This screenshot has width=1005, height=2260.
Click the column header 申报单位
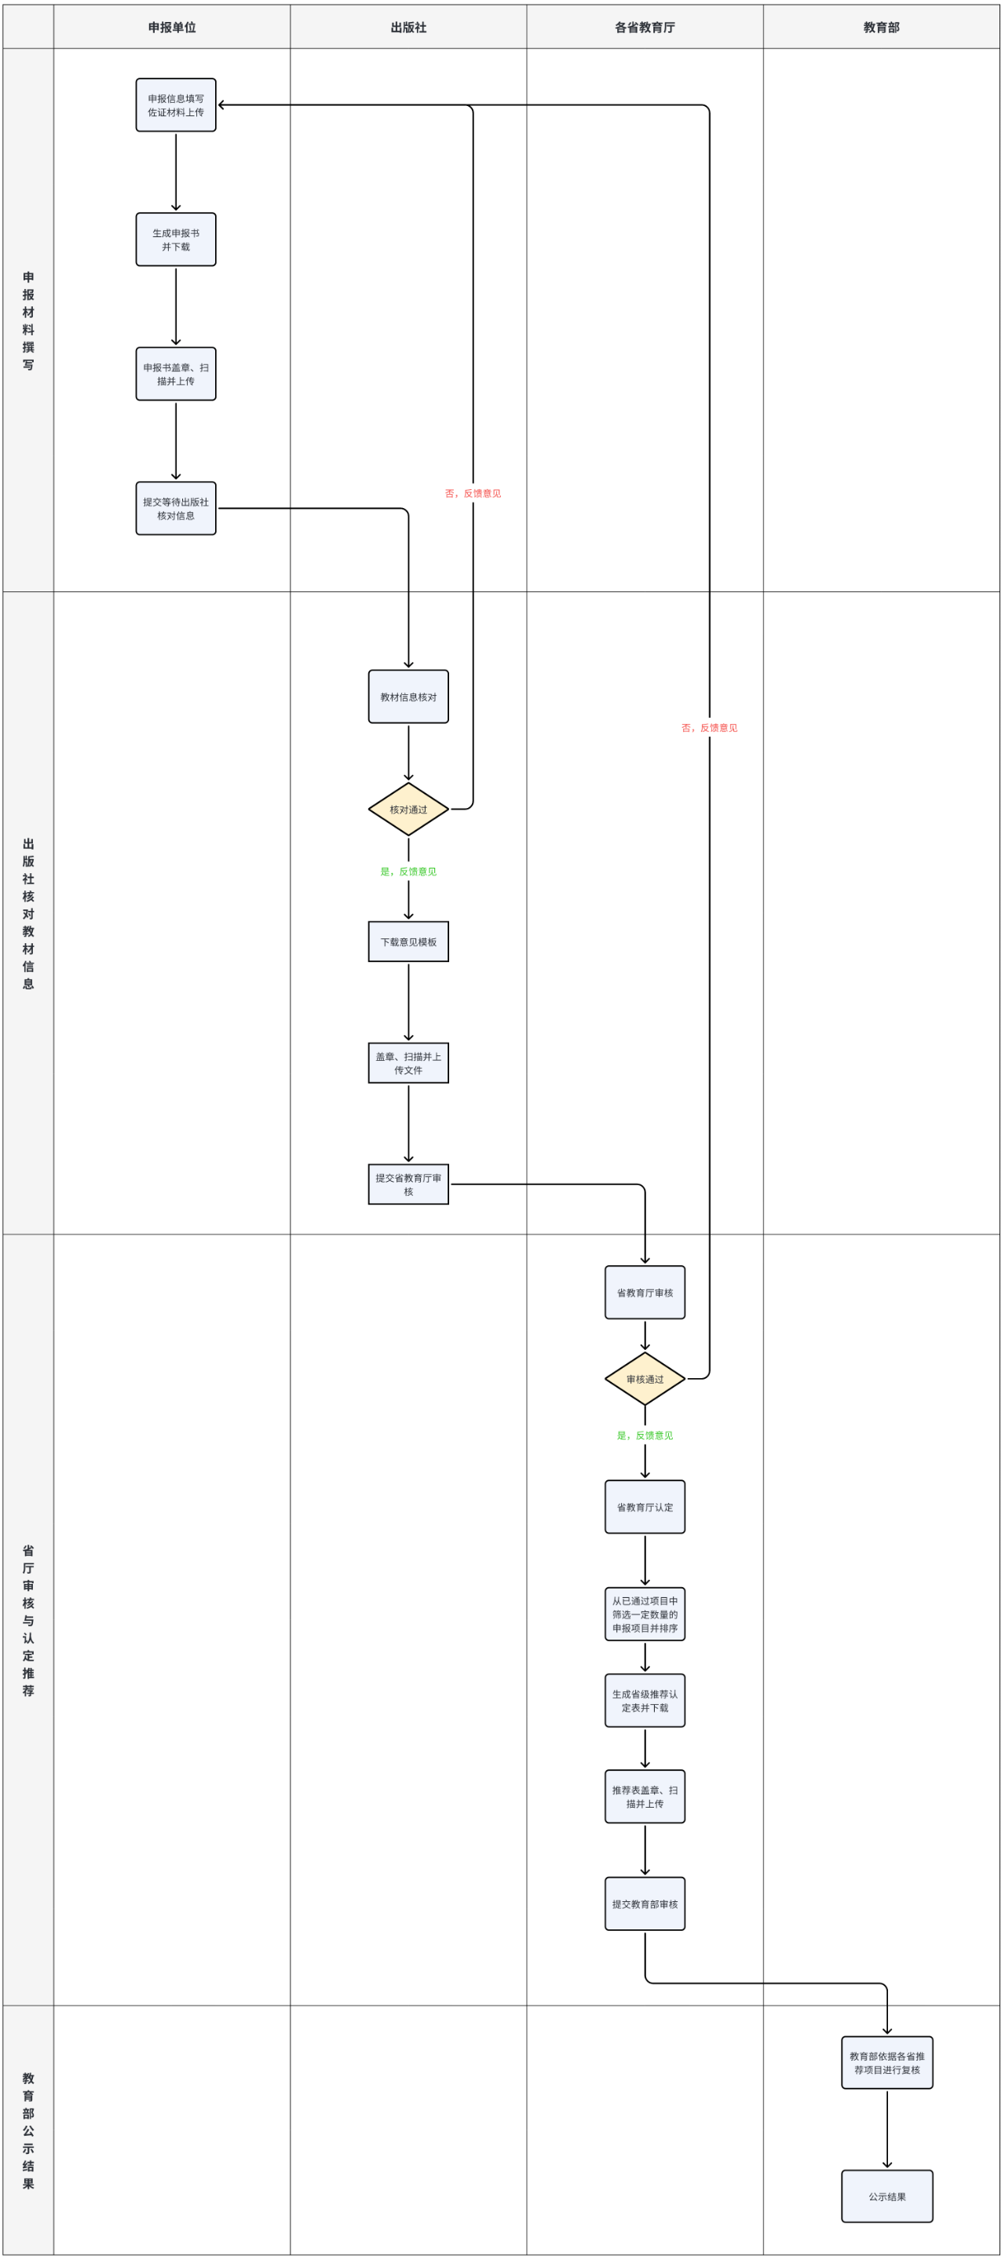tap(172, 27)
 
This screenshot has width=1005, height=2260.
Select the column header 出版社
tap(408, 27)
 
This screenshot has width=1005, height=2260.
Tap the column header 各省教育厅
tap(645, 27)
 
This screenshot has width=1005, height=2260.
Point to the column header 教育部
tap(882, 27)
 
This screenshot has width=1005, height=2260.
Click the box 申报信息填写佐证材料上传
tap(175, 105)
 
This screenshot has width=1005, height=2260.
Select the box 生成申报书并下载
tap(175, 240)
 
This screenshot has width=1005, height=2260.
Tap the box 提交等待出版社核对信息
tap(175, 509)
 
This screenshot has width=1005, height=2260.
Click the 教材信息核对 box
tap(408, 697)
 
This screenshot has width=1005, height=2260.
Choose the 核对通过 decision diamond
tap(408, 809)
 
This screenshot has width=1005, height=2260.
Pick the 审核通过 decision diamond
tap(645, 1379)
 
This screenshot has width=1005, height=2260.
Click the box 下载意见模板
tap(408, 942)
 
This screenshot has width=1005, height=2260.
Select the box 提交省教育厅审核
tap(408, 1184)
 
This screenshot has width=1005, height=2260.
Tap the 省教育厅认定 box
tap(645, 1507)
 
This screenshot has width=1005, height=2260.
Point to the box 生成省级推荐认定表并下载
tap(645, 1700)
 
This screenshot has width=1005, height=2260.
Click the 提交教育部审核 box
tap(645, 1903)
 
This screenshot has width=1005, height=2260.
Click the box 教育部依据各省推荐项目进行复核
tap(886, 2063)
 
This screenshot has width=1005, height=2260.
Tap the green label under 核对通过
tap(408, 871)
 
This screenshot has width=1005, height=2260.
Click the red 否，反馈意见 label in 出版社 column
tap(473, 493)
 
